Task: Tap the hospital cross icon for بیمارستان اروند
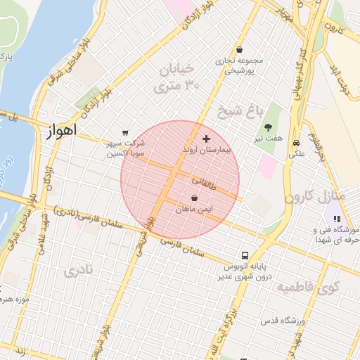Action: [x=206, y=139]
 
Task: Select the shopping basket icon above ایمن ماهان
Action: [x=194, y=198]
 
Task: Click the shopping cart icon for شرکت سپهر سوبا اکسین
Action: [x=125, y=132]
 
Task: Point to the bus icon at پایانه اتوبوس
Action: [x=245, y=255]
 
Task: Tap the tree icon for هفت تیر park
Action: [x=269, y=127]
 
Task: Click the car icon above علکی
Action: [x=296, y=140]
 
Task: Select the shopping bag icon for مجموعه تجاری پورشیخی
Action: [x=240, y=50]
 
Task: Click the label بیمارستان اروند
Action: [x=206, y=150]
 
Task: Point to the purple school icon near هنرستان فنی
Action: [x=331, y=219]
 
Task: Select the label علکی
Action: [x=296, y=150]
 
